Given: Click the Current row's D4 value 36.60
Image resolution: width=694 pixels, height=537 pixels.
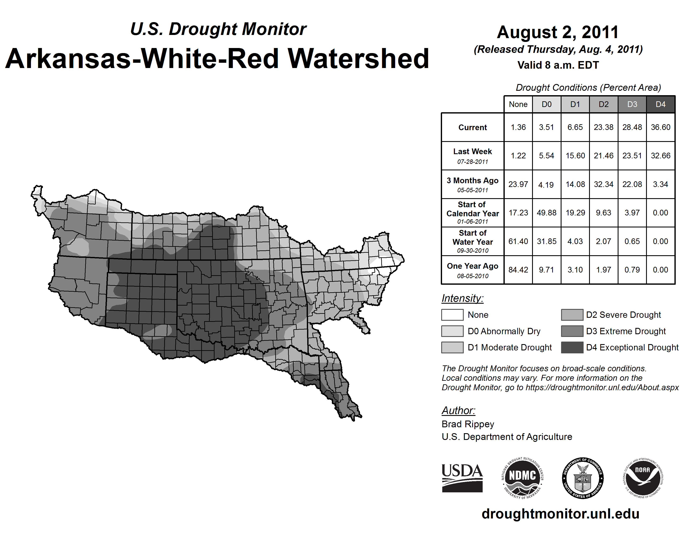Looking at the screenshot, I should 660,127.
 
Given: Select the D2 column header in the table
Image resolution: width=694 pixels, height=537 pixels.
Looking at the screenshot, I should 603,104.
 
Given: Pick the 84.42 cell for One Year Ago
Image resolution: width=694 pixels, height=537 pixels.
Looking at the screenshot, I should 518,270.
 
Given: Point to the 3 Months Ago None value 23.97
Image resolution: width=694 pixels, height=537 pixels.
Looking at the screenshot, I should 518,184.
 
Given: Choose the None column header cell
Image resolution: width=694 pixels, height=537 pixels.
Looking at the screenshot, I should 518,104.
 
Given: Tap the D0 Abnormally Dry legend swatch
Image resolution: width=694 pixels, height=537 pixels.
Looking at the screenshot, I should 452,331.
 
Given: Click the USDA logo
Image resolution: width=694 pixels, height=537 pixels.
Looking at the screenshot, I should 462,478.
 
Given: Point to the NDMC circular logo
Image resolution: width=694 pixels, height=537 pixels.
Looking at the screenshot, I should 522,478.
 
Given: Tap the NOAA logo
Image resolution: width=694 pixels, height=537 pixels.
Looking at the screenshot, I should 642,478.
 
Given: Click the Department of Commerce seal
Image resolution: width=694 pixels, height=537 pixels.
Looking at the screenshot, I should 583,478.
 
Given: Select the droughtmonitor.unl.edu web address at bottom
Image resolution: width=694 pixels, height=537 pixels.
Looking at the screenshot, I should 560,514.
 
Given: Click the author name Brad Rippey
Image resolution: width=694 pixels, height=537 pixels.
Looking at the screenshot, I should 468,424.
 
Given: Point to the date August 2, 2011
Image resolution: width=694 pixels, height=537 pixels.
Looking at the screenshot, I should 558,32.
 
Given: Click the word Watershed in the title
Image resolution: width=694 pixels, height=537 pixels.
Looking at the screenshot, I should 358,59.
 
